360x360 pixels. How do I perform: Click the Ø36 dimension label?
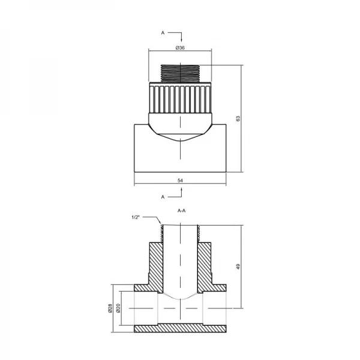pyautogui.click(x=179, y=47)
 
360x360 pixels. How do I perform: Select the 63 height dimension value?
pyautogui.click(x=238, y=119)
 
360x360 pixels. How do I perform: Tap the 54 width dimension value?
pyautogui.click(x=180, y=180)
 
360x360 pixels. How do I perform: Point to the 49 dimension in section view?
pyautogui.click(x=238, y=266)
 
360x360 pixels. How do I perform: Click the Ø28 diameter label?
pyautogui.click(x=110, y=308)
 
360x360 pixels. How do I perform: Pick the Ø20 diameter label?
pyautogui.click(x=119, y=308)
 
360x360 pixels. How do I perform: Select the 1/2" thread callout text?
pyautogui.click(x=135, y=217)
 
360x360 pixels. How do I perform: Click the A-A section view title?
pyautogui.click(x=181, y=211)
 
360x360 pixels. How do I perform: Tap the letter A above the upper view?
pyautogui.click(x=163, y=33)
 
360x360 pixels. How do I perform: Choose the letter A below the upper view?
pyautogui.click(x=163, y=196)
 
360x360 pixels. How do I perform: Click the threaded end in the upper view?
pyautogui.click(x=180, y=74)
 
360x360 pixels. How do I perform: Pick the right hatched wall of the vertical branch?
pyautogui.click(x=207, y=264)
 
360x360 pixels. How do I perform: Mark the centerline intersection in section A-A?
pyautogui.click(x=180, y=308)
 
